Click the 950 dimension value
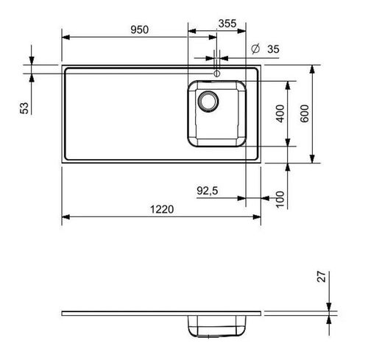pyautogui.click(x=139, y=29)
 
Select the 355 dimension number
pyautogui.click(x=227, y=24)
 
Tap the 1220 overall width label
pyautogui.click(x=162, y=209)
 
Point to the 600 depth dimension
pyautogui.click(x=305, y=113)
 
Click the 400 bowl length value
pyautogui.click(x=280, y=113)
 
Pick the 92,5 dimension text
pyautogui.click(x=208, y=191)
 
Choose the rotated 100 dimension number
pyautogui.click(x=280, y=200)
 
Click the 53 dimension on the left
pyautogui.click(x=24, y=108)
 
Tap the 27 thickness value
pyautogui.click(x=322, y=277)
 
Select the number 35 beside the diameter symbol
pyautogui.click(x=273, y=49)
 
